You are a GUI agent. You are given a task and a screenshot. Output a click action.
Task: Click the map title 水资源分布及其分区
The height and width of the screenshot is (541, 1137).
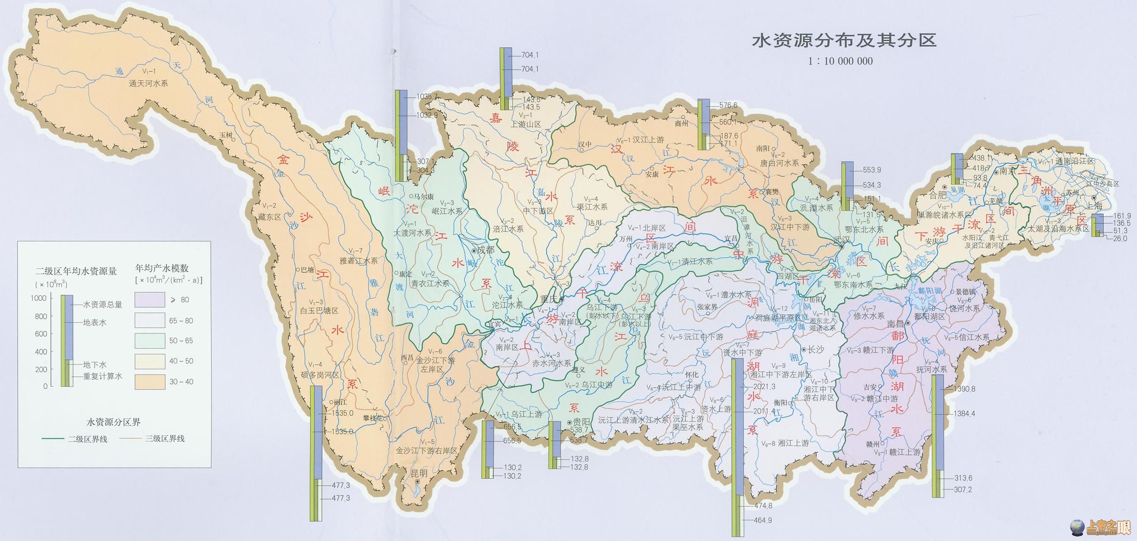[x=844, y=40]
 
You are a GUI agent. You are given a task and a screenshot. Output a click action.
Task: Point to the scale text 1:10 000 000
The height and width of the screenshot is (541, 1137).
[x=840, y=61]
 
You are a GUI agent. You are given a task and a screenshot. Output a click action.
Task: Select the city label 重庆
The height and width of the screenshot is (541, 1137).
[x=549, y=299]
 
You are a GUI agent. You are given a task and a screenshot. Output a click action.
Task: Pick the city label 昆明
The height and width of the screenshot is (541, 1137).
[x=419, y=473]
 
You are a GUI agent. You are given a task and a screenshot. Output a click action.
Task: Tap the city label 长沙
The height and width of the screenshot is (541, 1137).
[x=815, y=349]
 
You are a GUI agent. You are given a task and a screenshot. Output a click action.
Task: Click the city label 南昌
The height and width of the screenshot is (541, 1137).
[x=896, y=324]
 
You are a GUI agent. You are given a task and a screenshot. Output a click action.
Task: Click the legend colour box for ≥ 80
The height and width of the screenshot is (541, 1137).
[x=150, y=300]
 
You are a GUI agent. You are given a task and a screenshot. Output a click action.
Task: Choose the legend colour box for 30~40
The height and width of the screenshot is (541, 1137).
[x=150, y=381]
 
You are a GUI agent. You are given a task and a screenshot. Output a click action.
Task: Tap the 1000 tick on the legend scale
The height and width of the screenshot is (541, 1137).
[x=39, y=298]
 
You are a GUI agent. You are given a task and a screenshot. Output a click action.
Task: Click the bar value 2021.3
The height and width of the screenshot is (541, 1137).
[x=765, y=386]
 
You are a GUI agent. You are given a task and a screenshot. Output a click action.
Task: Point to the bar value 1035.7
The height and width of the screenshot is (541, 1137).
[x=427, y=96]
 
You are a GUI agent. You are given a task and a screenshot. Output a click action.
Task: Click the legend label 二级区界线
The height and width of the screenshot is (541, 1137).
[x=87, y=439]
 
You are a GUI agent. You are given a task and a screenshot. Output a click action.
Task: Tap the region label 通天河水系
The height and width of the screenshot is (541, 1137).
[x=148, y=84]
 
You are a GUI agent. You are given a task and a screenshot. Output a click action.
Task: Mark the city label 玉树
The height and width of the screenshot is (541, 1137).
[x=226, y=135]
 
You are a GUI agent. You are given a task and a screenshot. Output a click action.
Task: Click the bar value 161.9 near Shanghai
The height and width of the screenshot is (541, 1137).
[x=1122, y=216]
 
